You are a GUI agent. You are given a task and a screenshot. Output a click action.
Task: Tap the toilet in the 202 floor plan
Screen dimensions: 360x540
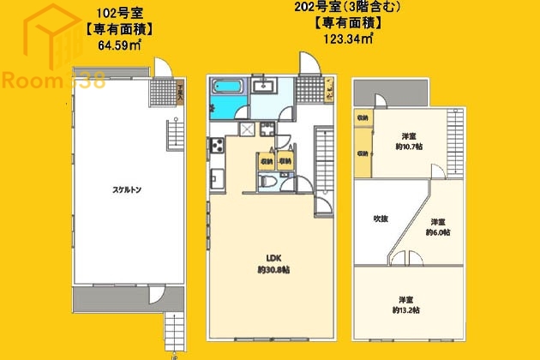[266, 182]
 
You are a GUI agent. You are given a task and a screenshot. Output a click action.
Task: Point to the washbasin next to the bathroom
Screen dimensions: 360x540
[262, 85]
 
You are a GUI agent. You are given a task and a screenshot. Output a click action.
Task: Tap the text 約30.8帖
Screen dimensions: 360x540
[273, 270]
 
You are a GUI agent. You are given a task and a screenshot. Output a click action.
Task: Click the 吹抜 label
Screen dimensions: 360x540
[380, 219]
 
